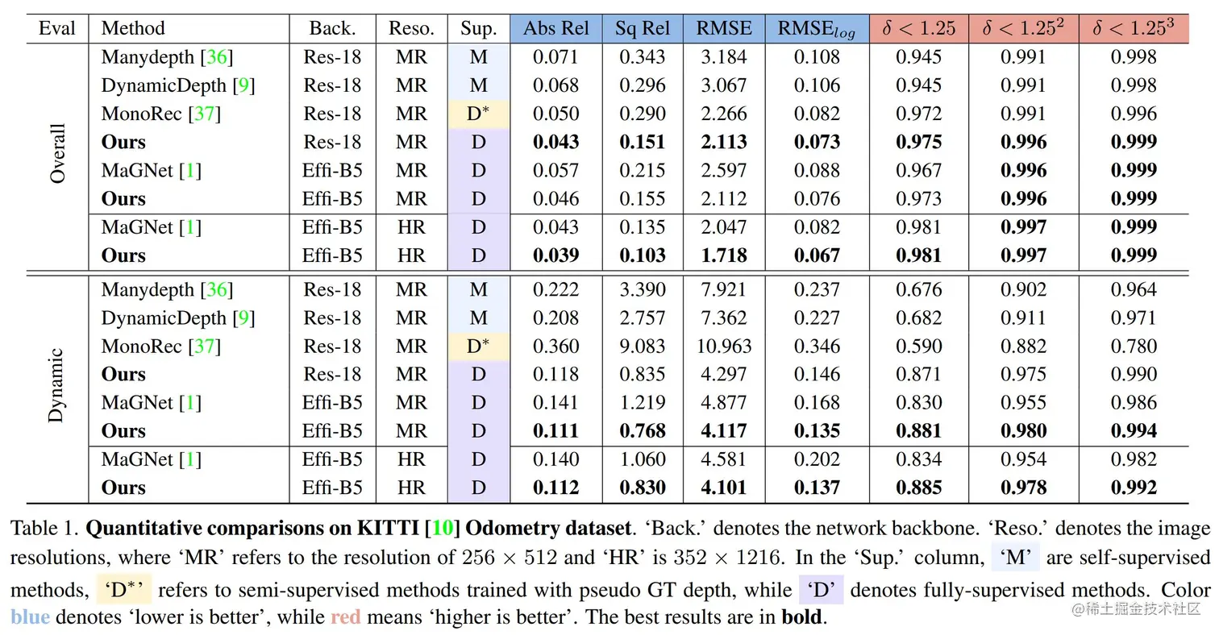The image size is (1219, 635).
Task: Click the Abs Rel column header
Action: click(556, 28)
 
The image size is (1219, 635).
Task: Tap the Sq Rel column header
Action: click(643, 28)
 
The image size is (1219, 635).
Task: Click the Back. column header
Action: click(332, 28)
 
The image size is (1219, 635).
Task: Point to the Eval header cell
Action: click(56, 28)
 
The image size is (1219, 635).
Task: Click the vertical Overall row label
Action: click(57, 155)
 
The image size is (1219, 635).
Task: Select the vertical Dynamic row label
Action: click(56, 387)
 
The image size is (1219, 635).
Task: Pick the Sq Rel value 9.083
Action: click(643, 347)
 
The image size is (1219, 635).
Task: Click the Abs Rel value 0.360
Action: click(556, 347)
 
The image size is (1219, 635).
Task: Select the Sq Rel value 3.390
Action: click(643, 290)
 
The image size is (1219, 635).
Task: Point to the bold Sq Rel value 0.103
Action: click(643, 255)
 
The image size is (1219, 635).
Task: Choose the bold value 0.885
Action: click(919, 488)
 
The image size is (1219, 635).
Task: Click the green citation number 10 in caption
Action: click(440, 529)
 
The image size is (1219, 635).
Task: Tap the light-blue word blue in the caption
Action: click(31, 618)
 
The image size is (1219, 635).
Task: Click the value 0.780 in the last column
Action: click(1134, 347)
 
